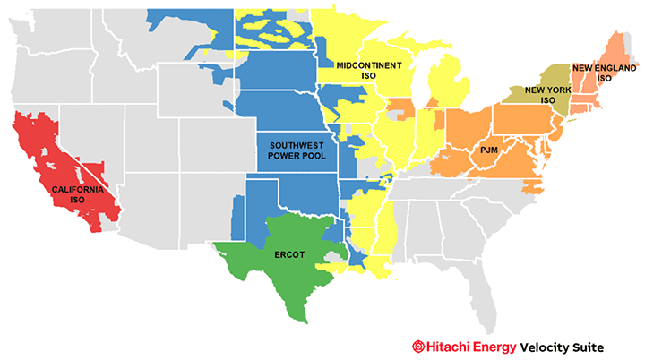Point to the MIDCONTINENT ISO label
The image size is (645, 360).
[x=368, y=71]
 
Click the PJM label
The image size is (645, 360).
[x=488, y=150]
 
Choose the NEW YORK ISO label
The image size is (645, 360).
[x=547, y=95]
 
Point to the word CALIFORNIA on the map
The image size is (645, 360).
[x=77, y=190]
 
